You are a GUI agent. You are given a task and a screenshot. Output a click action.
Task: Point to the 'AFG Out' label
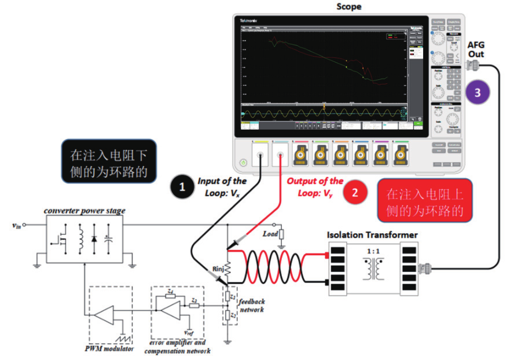click(476, 49)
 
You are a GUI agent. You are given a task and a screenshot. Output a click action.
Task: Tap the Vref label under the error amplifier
click(189, 332)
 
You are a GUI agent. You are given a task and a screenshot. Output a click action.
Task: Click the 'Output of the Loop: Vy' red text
click(314, 187)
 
